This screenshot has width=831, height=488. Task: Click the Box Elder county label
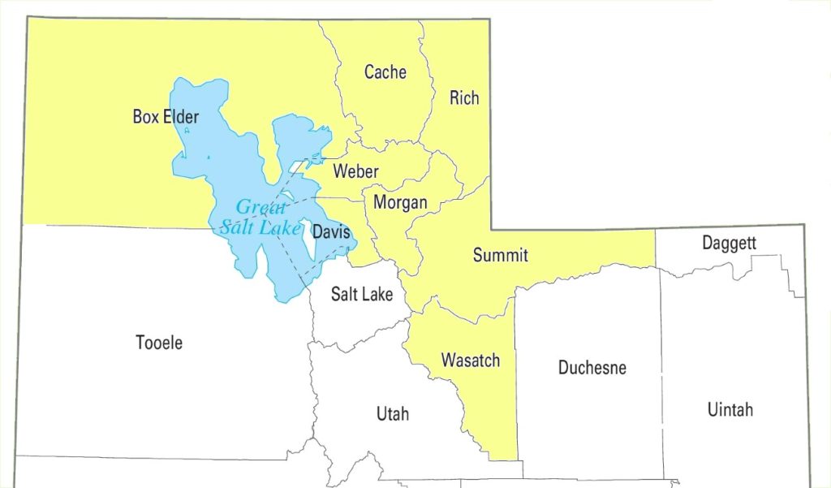click(x=166, y=117)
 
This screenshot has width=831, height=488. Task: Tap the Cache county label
click(x=385, y=72)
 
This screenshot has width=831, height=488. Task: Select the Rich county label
click(x=464, y=98)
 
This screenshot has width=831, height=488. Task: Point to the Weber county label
click(x=355, y=172)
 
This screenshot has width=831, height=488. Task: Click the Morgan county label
click(x=400, y=203)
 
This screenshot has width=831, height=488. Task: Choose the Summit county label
click(x=500, y=256)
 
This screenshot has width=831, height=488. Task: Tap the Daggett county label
click(x=729, y=243)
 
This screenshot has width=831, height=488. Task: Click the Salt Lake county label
click(x=362, y=294)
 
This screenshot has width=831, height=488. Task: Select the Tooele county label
click(x=159, y=343)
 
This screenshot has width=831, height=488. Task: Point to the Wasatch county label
click(x=470, y=361)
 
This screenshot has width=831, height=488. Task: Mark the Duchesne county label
click(x=592, y=368)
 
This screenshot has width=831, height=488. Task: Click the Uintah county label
click(x=730, y=409)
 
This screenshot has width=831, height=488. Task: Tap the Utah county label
click(x=393, y=415)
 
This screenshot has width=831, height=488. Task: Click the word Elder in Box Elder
click(x=179, y=117)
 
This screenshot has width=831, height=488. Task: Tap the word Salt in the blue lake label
click(x=238, y=227)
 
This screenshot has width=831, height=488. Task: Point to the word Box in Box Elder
click(x=144, y=117)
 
